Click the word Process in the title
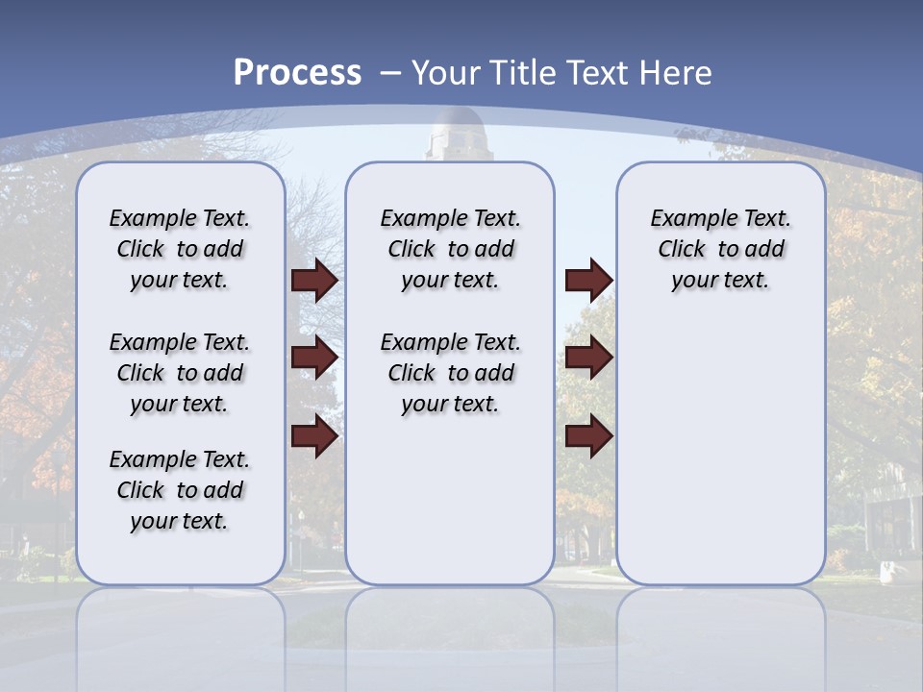(297, 72)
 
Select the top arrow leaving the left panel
(314, 280)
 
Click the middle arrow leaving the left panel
(314, 358)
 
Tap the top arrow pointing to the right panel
(588, 280)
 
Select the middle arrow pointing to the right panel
(588, 358)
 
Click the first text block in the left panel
(180, 249)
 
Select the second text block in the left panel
(180, 373)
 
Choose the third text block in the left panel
(180, 490)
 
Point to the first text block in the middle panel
(450, 249)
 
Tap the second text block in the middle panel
(450, 373)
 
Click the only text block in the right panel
(720, 249)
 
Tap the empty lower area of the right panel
(720, 452)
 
